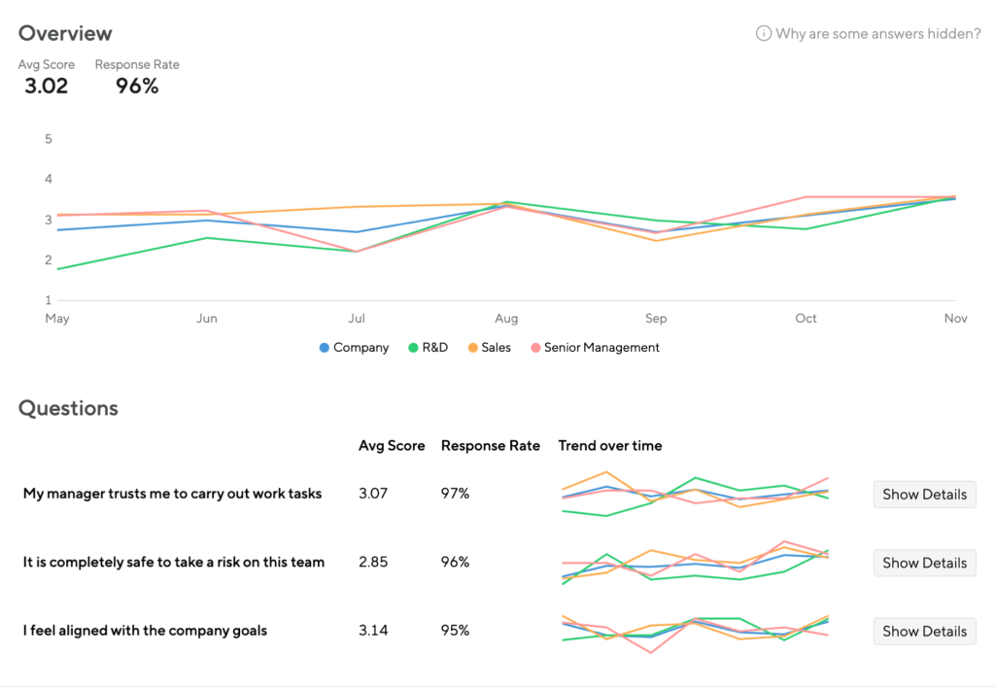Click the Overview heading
click(x=65, y=33)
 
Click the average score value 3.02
click(x=47, y=86)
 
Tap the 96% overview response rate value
click(x=137, y=86)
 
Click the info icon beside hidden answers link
click(x=764, y=34)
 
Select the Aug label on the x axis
click(x=506, y=318)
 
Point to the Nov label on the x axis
click(x=955, y=318)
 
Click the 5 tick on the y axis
click(x=48, y=139)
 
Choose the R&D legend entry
click(x=428, y=347)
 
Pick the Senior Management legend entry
click(x=595, y=347)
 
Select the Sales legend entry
click(x=489, y=347)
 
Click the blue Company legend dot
click(x=325, y=348)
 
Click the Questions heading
click(x=68, y=408)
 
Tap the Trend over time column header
click(x=610, y=446)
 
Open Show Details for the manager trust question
click(x=924, y=494)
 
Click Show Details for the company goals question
click(x=924, y=631)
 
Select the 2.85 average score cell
click(x=373, y=562)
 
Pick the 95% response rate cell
click(x=455, y=631)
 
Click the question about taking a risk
click(x=174, y=562)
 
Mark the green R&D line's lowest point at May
click(x=57, y=269)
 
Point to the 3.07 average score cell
click(x=373, y=494)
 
